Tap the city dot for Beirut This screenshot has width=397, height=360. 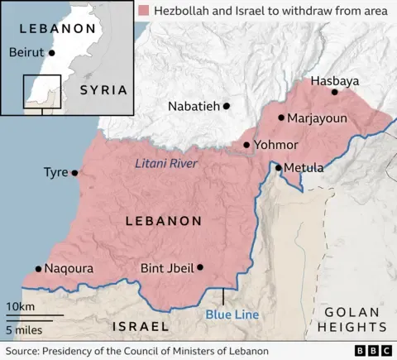point(52,52)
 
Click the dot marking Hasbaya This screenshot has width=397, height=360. point(335,92)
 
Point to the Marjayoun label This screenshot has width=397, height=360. point(318,118)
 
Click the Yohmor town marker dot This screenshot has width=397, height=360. point(246,145)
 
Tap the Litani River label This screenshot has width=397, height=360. point(166,164)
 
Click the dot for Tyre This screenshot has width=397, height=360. point(74,173)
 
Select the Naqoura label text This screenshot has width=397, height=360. point(69,269)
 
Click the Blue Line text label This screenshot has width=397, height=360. point(232,314)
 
